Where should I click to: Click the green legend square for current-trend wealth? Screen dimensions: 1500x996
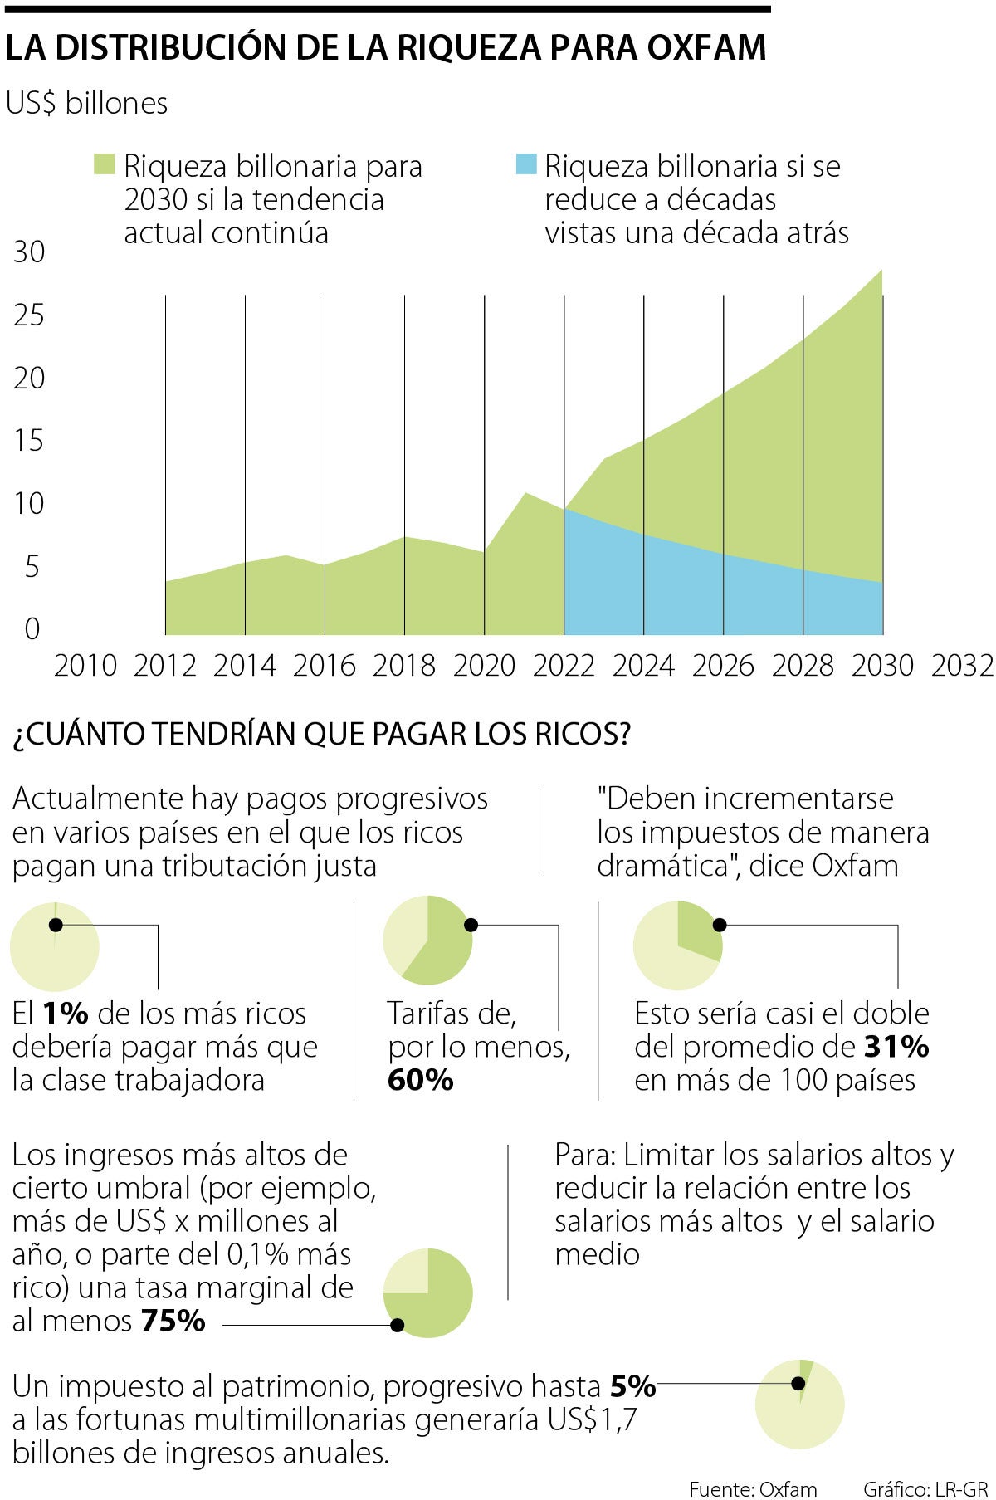click(x=104, y=164)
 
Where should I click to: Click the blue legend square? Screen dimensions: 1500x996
click(x=526, y=164)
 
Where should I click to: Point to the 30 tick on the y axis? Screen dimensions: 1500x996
click(x=29, y=252)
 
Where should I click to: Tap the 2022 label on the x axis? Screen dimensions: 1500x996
click(x=564, y=666)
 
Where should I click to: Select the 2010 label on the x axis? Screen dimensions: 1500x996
click(x=85, y=666)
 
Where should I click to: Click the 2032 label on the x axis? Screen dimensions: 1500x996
click(x=962, y=666)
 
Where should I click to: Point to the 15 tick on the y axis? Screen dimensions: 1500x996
click(x=29, y=441)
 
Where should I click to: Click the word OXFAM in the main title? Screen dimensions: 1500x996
click(x=705, y=48)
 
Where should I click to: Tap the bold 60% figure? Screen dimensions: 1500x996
click(x=421, y=1080)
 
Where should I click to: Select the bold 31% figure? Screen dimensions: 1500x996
click(x=896, y=1047)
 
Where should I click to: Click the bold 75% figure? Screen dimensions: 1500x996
click(x=173, y=1321)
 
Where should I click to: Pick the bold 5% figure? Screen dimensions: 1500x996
click(x=633, y=1386)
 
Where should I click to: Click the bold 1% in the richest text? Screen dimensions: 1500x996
click(x=65, y=1014)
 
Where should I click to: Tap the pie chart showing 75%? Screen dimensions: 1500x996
click(x=428, y=1293)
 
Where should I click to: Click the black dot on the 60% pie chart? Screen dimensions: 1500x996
click(x=471, y=925)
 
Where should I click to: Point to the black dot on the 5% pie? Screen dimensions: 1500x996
click(x=798, y=1384)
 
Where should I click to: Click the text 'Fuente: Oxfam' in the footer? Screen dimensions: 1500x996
click(x=753, y=1489)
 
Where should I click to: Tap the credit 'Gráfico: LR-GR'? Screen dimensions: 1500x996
click(x=925, y=1489)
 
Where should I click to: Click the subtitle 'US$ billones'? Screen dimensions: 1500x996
click(x=87, y=103)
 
